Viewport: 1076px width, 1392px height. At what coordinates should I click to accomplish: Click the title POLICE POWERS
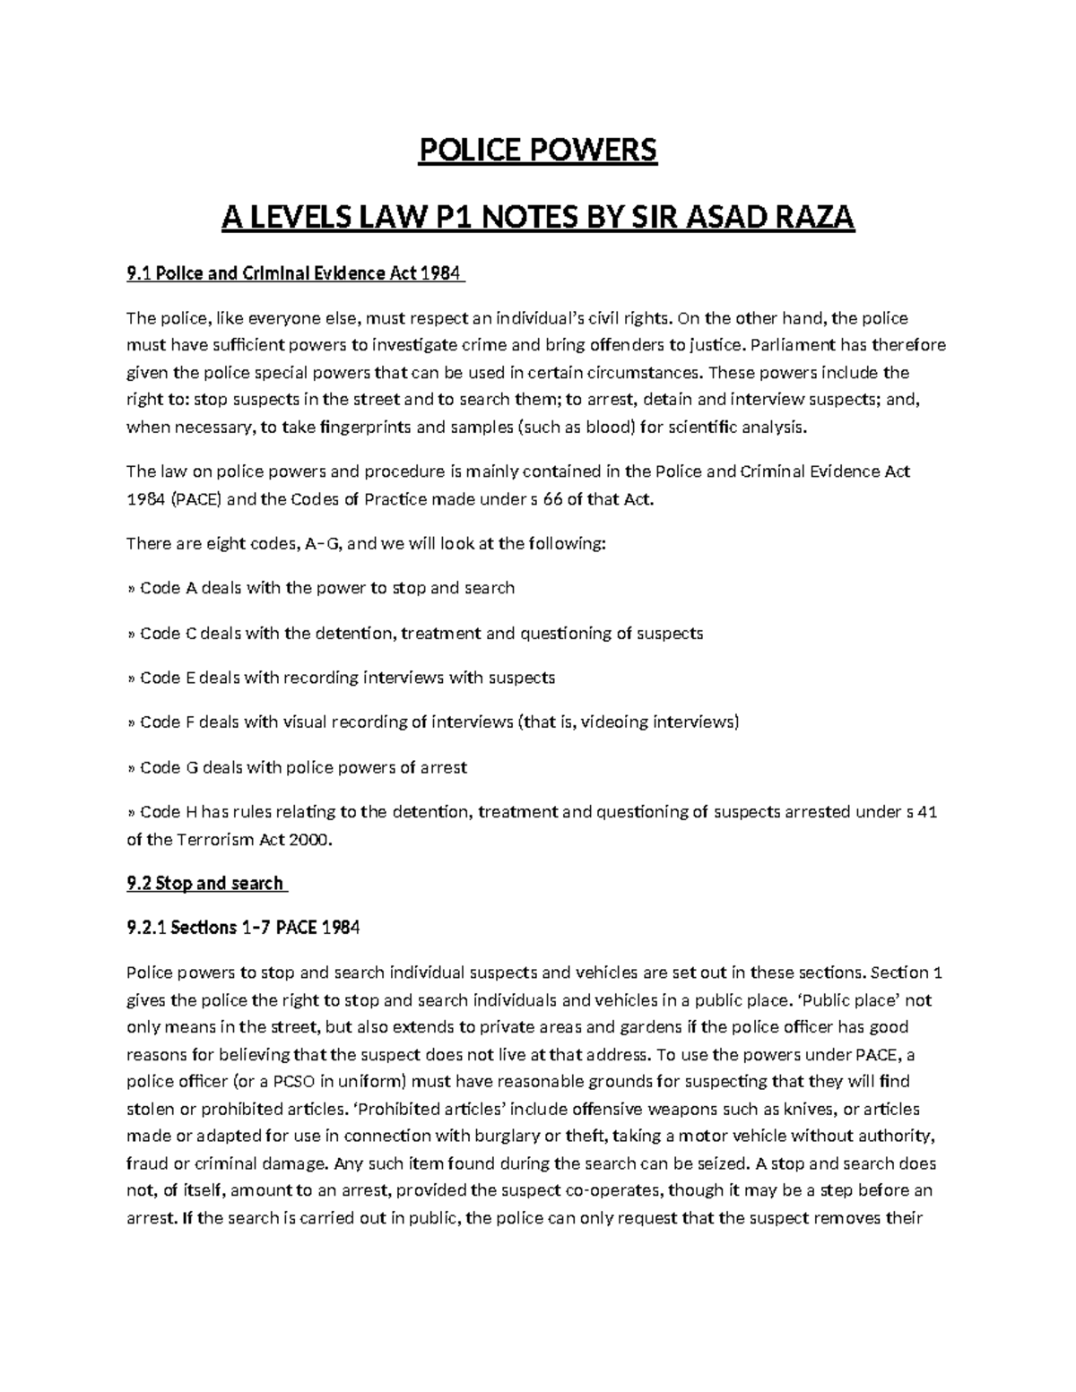coord(538,151)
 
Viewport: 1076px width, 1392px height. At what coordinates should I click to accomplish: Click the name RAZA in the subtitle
coord(805,217)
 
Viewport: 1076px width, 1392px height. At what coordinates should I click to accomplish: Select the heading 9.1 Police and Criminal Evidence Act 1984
coord(296,274)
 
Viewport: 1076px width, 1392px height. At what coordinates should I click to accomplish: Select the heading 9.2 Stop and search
coord(206,884)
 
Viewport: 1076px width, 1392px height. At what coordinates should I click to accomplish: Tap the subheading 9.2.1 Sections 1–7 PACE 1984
coord(243,929)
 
